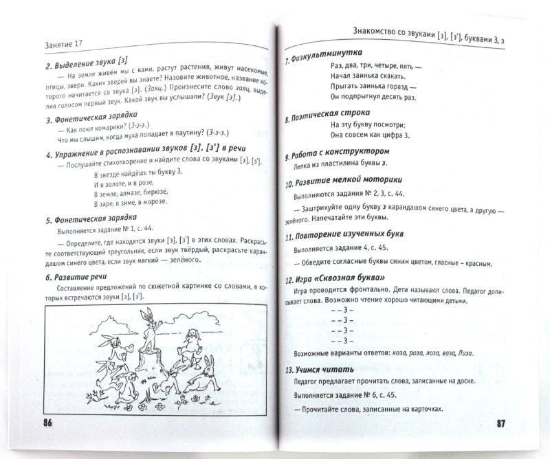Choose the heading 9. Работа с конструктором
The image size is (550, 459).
click(x=341, y=151)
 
